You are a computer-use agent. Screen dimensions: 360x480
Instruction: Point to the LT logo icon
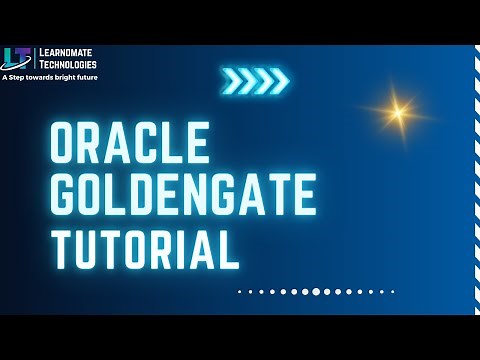tap(18, 57)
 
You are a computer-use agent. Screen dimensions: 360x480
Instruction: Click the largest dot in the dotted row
tap(316, 292)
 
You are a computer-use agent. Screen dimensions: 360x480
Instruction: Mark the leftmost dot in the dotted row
tap(239, 292)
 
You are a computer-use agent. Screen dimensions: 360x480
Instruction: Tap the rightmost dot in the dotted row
tap(393, 292)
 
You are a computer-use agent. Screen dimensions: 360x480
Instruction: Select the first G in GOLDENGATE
tap(67, 195)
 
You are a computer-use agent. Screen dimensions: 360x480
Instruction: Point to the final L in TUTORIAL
tap(230, 246)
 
